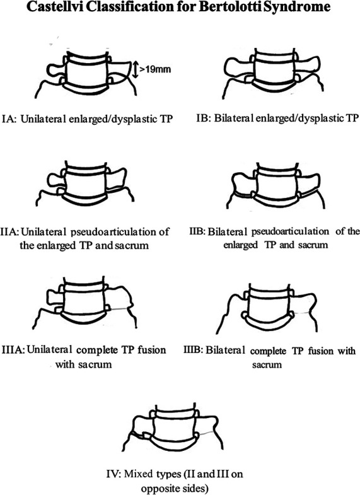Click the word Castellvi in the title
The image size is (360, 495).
pos(55,7)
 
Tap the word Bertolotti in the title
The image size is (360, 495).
pos(230,7)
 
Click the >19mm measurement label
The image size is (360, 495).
pos(155,69)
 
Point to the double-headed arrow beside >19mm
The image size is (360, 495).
pos(135,70)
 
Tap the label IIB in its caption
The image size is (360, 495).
pos(197,231)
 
